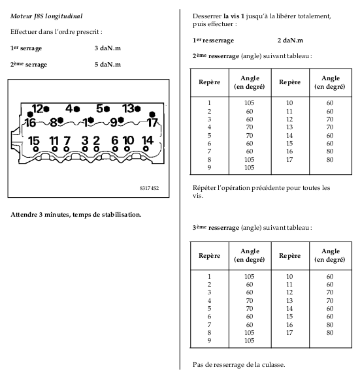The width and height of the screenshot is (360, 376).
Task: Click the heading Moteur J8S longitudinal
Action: pyautogui.click(x=46, y=16)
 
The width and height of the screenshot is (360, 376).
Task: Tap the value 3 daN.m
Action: pyautogui.click(x=108, y=48)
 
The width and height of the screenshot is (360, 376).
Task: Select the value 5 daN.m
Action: pyautogui.click(x=108, y=65)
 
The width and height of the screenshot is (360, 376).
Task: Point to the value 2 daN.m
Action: pyautogui.click(x=290, y=40)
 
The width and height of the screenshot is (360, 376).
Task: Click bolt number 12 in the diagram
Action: pyautogui.click(x=46, y=109)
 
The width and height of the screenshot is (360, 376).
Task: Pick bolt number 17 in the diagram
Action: pyautogui.click(x=152, y=114)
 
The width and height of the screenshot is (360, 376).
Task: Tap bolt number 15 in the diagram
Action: pyautogui.click(x=36, y=149)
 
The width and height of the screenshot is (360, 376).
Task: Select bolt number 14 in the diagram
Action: pyautogui.click(x=146, y=149)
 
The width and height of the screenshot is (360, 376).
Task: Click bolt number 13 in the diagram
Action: pyautogui.click(x=137, y=109)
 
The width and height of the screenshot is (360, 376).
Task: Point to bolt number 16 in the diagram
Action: pyautogui.click(x=30, y=114)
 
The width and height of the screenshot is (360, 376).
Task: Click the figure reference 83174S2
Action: pyautogui.click(x=149, y=188)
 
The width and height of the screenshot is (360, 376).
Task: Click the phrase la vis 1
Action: pyautogui.click(x=233, y=16)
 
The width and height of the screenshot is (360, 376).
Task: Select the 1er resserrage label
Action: pyautogui.click(x=213, y=40)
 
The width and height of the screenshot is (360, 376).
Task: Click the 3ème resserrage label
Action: pyautogui.click(x=216, y=228)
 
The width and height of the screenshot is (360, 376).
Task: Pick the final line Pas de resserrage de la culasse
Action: pyautogui.click(x=238, y=365)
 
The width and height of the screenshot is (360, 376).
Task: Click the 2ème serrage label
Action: pyautogui.click(x=29, y=65)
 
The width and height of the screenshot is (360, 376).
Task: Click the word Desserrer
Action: pyautogui.click(x=207, y=16)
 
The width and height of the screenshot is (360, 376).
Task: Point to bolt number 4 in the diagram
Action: pyautogui.click(x=77, y=110)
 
